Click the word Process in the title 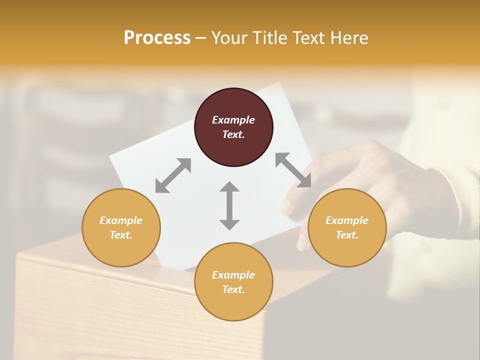point(157,38)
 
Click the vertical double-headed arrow point(229,205)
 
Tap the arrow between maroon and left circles point(173,175)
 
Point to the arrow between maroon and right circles point(293,170)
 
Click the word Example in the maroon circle point(233,120)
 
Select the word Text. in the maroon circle point(233,134)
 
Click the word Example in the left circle point(121,220)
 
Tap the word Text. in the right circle point(347,235)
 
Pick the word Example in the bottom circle point(233,275)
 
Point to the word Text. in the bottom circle point(233,289)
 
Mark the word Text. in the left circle point(121,235)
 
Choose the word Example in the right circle point(347,220)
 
